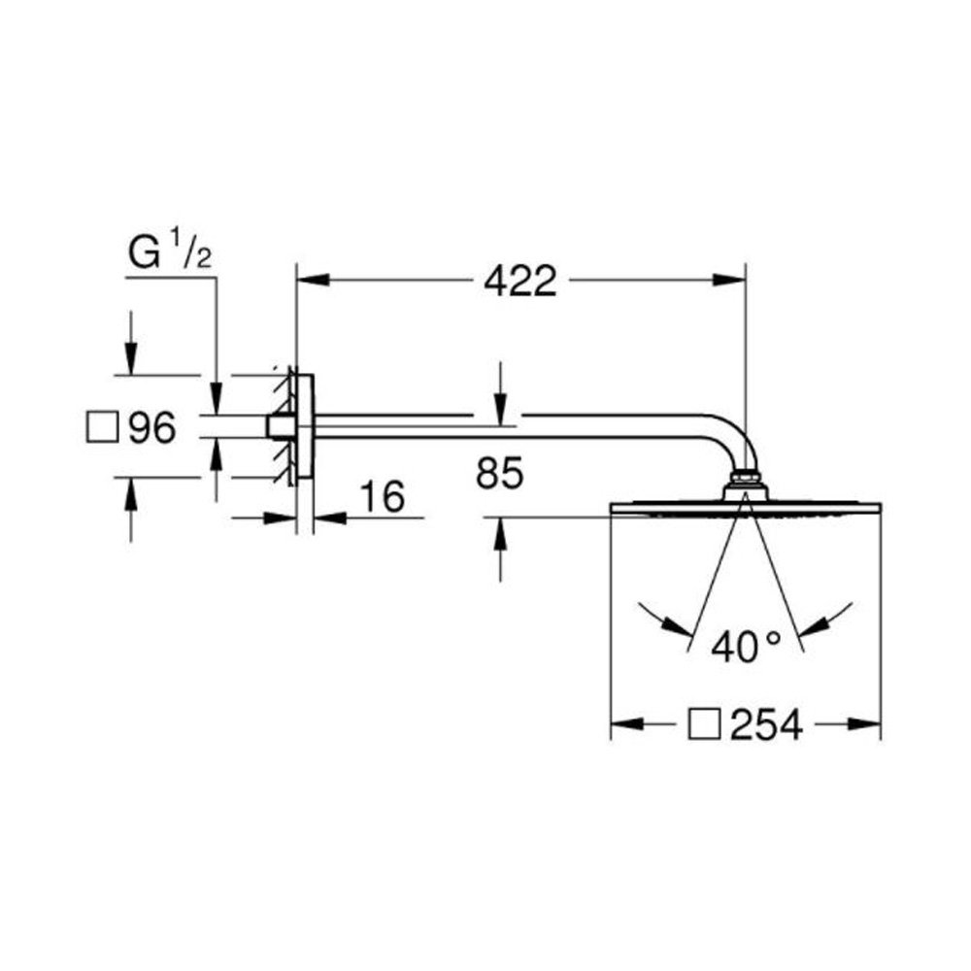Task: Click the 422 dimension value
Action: pos(520,282)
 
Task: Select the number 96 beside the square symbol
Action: pos(152,427)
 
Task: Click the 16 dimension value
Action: pos(383,496)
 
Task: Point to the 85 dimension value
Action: pos(500,473)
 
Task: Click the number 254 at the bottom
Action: pos(766,724)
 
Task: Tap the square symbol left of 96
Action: pos(102,427)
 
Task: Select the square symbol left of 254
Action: pos(704,724)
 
